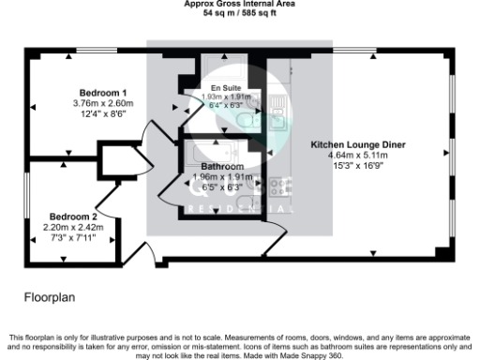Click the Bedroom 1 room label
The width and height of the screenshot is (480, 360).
[x=103, y=93]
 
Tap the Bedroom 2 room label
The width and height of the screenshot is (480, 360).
[x=72, y=215]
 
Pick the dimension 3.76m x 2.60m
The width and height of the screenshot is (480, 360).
[x=103, y=103]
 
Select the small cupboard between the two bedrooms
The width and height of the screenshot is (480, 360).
[x=119, y=161]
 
